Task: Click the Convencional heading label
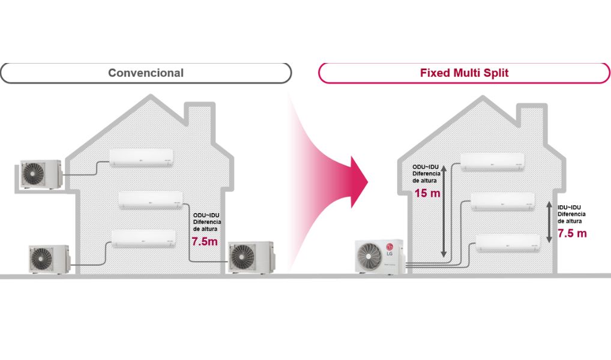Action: pyautogui.click(x=146, y=73)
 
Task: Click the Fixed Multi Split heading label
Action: pyautogui.click(x=464, y=73)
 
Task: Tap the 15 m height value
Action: pyautogui.click(x=427, y=193)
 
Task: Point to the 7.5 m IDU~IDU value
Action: pyautogui.click(x=572, y=233)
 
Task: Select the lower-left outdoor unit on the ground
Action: pyautogui.click(x=49, y=258)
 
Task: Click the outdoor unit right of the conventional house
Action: pyautogui.click(x=250, y=257)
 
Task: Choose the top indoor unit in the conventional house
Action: pyautogui.click(x=142, y=157)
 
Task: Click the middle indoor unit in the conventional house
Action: pyautogui.click(x=151, y=200)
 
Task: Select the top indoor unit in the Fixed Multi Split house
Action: pyautogui.click(x=492, y=162)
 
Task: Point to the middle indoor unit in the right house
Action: pyautogui.click(x=502, y=202)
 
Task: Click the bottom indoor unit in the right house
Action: pyautogui.click(x=508, y=242)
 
